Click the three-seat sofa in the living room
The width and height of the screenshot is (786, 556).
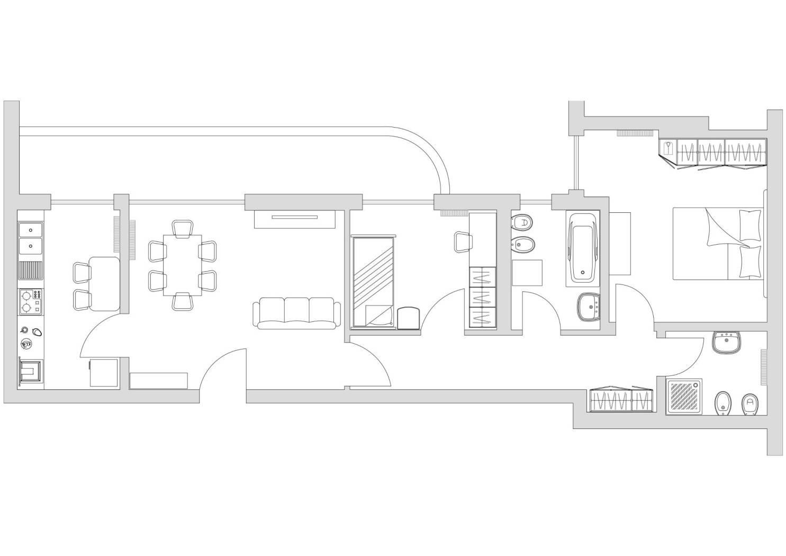point(296,313)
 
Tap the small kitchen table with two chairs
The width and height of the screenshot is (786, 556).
point(104,283)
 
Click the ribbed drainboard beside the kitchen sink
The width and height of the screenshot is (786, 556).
point(31,271)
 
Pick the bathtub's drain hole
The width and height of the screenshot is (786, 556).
point(583,274)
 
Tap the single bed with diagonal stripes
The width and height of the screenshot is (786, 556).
point(373,282)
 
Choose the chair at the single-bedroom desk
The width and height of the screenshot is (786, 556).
point(463,242)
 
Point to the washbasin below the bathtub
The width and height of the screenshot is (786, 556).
point(590,307)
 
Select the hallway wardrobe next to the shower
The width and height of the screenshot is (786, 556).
point(620,401)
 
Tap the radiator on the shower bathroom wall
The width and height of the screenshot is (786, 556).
point(763,367)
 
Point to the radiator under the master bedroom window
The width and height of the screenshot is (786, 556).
point(633,133)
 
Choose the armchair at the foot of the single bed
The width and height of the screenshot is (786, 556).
point(408,318)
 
